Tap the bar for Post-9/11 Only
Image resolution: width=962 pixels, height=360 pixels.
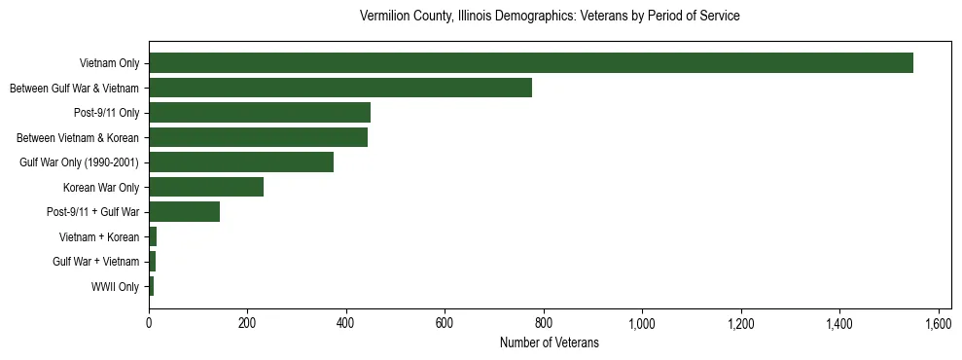[260, 113]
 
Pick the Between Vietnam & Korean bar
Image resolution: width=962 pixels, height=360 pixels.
[258, 137]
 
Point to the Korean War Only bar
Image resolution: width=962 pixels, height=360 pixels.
[206, 187]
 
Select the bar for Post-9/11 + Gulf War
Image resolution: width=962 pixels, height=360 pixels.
[184, 212]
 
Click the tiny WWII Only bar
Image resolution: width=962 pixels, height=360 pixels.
[151, 286]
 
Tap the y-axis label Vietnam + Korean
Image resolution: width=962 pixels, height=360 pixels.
[99, 236]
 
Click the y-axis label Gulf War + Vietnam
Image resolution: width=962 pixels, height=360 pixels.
[96, 262]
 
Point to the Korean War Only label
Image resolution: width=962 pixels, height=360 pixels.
[101, 187]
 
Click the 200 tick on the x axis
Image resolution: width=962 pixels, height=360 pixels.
[247, 324]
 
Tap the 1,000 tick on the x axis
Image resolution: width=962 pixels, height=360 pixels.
[642, 324]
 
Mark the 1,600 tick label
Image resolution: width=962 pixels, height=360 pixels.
[938, 324]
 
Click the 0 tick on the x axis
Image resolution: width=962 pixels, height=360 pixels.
[149, 324]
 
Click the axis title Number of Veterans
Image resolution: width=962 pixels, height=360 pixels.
[549, 342]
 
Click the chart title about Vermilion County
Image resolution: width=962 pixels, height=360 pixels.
[550, 17]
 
